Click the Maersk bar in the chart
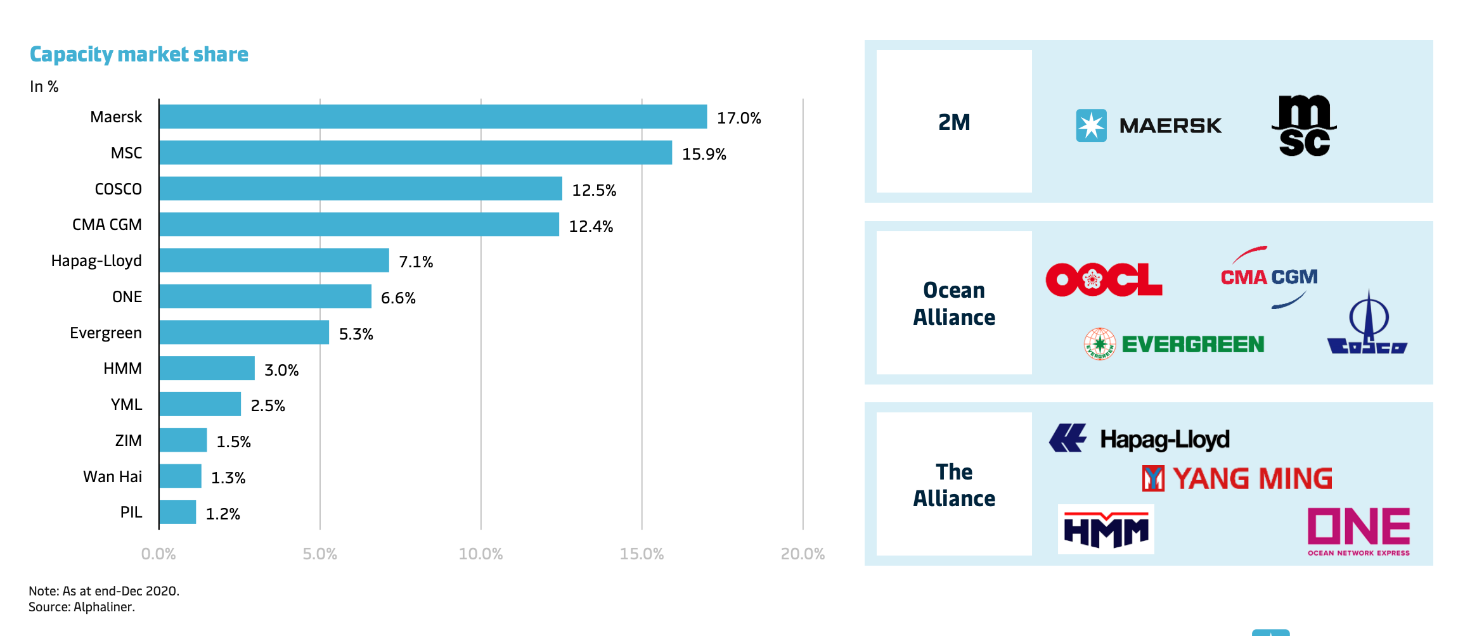point(433,117)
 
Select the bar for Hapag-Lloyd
point(274,260)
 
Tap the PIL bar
point(177,512)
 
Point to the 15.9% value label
point(704,154)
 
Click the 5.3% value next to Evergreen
point(356,334)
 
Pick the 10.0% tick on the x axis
point(481,554)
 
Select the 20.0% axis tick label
point(802,554)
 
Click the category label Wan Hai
point(113,476)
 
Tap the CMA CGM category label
point(107,225)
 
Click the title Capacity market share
point(139,54)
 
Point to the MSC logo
point(1304,125)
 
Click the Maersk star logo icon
point(1091,125)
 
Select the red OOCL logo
point(1104,279)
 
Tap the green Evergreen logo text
point(1192,344)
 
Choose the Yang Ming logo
point(1237,478)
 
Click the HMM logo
point(1106,530)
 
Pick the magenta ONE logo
point(1358,530)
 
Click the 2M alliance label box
point(953,122)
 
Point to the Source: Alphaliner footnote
point(82,607)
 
